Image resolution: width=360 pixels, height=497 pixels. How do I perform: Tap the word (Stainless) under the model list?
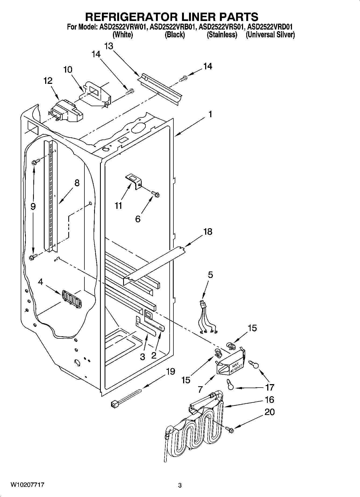tap(222, 35)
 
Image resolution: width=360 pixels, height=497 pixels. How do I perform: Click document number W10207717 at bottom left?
tap(27, 485)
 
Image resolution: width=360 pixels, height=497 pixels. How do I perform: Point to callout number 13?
tap(109, 46)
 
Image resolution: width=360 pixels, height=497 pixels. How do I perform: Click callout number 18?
tap(208, 231)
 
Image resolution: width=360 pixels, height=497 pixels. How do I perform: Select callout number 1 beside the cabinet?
tap(210, 114)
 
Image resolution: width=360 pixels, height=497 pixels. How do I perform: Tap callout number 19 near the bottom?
tap(170, 371)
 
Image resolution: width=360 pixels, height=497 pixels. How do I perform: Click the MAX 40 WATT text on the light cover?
tap(233, 368)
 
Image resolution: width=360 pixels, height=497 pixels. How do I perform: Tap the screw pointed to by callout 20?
tap(230, 430)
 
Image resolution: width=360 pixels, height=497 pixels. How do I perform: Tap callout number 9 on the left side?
tap(33, 206)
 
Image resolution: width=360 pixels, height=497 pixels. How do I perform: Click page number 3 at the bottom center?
tap(180, 485)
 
